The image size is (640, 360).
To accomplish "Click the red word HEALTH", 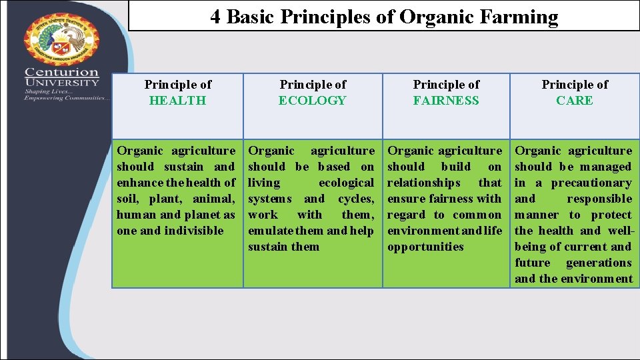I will coord(177,101).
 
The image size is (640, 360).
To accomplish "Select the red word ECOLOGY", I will coord(312,101).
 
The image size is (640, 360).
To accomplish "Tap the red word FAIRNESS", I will coord(446,101).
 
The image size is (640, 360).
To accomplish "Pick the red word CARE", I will coord(575,101).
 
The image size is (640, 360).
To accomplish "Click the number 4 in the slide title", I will coord(215,17).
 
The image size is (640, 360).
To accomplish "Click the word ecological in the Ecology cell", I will coord(346,183).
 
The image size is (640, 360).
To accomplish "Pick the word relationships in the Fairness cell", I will coord(423,183).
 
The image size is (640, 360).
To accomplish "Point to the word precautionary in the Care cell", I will coord(591,183).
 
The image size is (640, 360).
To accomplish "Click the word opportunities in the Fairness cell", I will coord(425,247).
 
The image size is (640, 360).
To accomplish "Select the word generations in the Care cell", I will coord(599,263).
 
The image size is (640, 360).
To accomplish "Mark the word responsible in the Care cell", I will coord(599,199).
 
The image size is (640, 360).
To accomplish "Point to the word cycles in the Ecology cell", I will coord(355,199).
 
